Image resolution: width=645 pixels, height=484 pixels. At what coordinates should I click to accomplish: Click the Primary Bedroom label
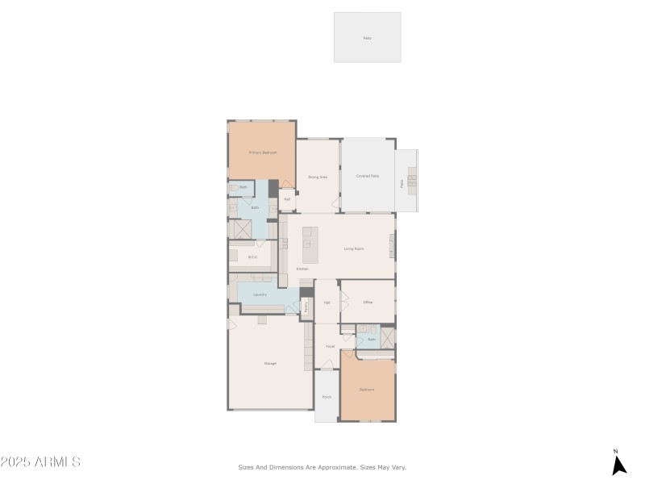click(x=263, y=152)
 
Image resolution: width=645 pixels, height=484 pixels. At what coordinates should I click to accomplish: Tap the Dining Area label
click(x=318, y=177)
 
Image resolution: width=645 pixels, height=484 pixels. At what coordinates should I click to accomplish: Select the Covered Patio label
click(x=368, y=176)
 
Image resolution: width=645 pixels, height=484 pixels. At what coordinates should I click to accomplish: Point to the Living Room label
click(x=354, y=248)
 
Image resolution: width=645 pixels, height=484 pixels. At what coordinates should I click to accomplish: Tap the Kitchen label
click(x=302, y=269)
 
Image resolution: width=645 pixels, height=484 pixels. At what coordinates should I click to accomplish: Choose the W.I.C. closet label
click(x=252, y=257)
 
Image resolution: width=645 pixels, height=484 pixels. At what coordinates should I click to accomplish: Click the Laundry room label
click(x=260, y=294)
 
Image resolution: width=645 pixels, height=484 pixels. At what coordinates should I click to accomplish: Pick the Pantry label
click(x=306, y=307)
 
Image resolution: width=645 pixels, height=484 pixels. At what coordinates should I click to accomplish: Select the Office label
click(x=368, y=302)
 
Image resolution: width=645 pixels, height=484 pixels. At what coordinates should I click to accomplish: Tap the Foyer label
click(x=330, y=346)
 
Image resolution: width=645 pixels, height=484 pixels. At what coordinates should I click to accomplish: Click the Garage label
click(x=270, y=363)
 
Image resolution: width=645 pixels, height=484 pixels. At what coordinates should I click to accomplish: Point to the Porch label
click(x=327, y=397)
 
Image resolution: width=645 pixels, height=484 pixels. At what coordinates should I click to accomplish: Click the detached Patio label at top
click(x=368, y=38)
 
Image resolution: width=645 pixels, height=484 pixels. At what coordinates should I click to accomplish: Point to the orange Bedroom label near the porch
click(x=367, y=390)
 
